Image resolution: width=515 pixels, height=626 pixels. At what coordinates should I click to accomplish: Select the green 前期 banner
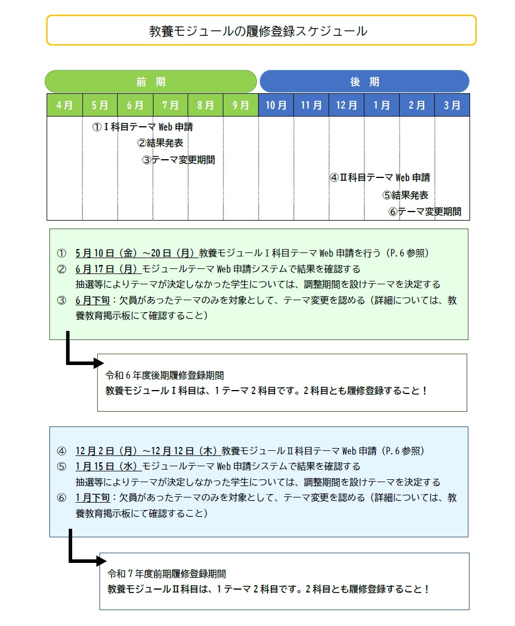coord(151,81)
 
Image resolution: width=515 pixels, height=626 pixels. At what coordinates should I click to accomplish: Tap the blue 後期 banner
coord(364,81)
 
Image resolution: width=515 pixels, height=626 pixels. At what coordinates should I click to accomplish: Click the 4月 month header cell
coord(64,105)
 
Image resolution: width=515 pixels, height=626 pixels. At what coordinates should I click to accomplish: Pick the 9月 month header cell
coord(240,105)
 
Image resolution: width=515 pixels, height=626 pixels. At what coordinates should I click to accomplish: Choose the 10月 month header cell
coord(276,105)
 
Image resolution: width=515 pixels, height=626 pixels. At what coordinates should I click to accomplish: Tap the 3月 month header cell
coord(452,105)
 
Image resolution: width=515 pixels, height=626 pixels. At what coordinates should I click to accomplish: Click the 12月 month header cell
coord(346,105)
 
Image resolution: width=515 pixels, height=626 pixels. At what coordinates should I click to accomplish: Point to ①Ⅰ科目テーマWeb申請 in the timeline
coord(143,127)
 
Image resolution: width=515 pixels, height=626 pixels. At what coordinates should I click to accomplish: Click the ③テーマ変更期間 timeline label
coord(178,160)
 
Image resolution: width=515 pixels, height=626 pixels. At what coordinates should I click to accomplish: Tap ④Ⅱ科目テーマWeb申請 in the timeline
coord(380,177)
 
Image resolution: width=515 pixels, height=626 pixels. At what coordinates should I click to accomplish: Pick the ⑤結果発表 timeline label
coord(405,195)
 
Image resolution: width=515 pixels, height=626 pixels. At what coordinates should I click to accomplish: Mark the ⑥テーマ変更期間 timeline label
coord(425,212)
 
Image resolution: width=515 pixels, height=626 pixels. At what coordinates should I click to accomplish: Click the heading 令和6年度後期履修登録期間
coord(165,375)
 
